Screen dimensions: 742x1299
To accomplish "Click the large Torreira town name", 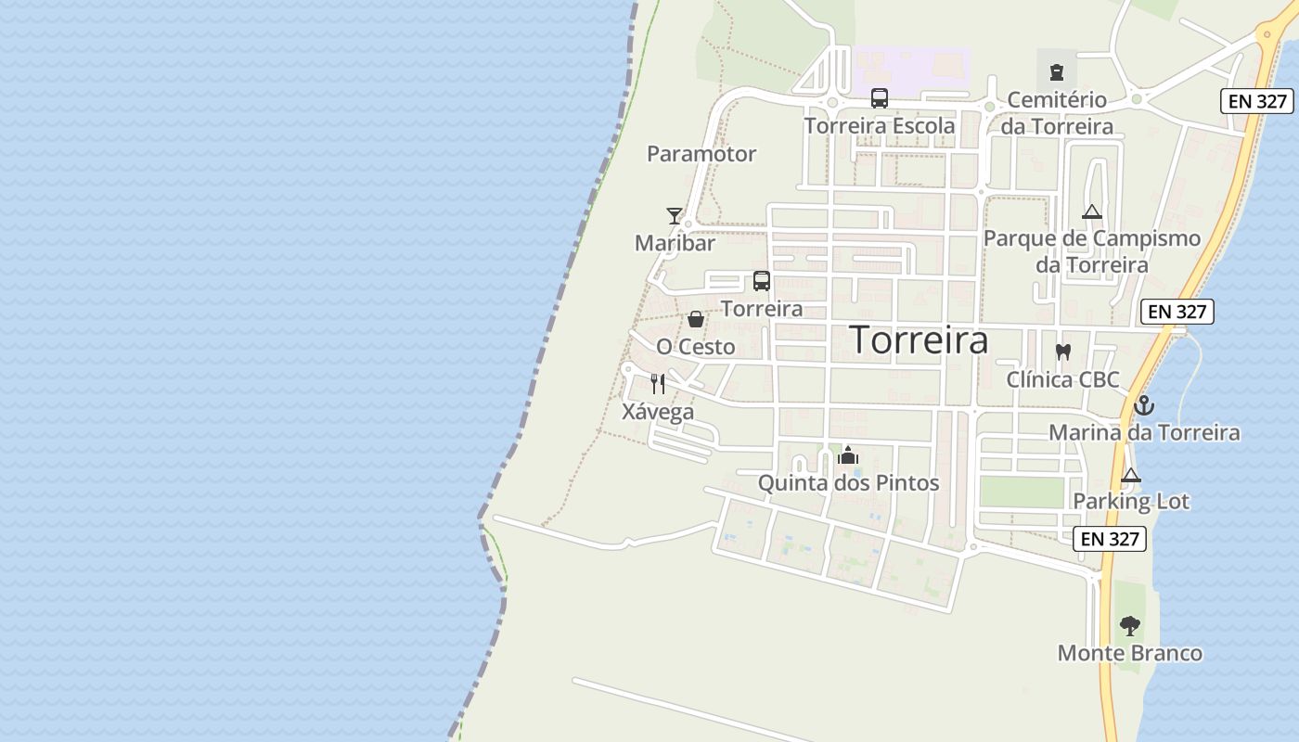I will (920, 340).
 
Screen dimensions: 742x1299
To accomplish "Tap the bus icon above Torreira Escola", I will (879, 97).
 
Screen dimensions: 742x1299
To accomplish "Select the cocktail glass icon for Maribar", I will (675, 216).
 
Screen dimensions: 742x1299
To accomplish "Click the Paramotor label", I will (701, 154).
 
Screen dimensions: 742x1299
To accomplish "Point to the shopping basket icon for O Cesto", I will (696, 319).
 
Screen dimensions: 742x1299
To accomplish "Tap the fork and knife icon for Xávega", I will (658, 384).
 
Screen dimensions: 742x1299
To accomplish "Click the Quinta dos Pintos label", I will (848, 483).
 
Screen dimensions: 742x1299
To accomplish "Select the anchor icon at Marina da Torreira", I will (1144, 405).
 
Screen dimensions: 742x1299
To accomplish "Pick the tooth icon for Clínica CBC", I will (1063, 352).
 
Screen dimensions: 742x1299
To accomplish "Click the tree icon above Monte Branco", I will (1129, 625).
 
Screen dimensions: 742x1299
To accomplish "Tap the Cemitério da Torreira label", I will (1057, 112).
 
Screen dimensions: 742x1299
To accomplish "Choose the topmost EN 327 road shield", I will (1257, 102).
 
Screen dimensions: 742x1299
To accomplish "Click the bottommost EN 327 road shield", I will (1110, 539).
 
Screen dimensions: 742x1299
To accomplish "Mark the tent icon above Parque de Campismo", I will (1092, 211).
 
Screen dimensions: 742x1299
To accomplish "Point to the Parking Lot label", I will (1131, 501).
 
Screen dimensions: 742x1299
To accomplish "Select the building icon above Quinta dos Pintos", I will (848, 455).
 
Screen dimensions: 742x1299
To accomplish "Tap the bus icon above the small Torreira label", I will (762, 280).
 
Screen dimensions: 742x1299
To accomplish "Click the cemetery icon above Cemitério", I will (1056, 71).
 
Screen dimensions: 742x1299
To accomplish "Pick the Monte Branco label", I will (1129, 653).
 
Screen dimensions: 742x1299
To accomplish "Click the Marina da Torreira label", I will (1144, 432).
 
